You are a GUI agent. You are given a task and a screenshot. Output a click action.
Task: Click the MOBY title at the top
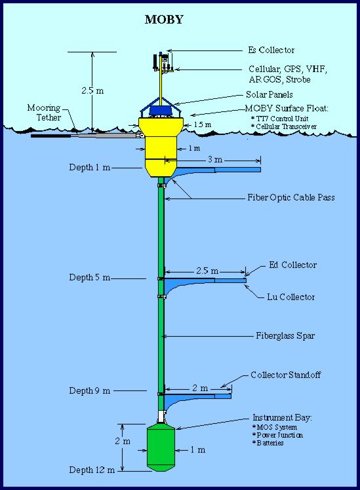click(x=164, y=20)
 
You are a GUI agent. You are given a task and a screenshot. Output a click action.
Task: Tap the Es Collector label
click(x=271, y=50)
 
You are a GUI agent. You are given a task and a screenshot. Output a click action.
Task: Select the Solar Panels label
click(x=270, y=94)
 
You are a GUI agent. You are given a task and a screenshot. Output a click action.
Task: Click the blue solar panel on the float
click(x=161, y=110)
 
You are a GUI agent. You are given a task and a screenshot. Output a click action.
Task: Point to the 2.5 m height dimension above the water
click(x=92, y=90)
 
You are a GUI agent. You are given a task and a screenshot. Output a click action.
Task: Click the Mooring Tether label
click(x=44, y=113)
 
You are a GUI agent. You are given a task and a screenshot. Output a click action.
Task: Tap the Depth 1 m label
click(x=89, y=167)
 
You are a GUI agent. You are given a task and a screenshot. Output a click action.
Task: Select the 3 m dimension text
click(x=215, y=160)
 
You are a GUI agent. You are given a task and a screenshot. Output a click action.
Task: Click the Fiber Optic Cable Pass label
click(x=291, y=197)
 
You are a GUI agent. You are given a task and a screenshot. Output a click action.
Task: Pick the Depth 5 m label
click(x=89, y=277)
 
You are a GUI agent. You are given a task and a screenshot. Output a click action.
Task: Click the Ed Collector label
click(x=292, y=265)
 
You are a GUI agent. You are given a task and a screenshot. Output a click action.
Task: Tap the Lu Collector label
click(x=290, y=297)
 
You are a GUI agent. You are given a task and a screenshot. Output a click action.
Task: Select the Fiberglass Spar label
click(x=285, y=335)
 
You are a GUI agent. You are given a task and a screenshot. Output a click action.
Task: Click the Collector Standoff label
click(x=285, y=375)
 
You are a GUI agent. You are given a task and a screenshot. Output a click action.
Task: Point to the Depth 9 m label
click(x=89, y=390)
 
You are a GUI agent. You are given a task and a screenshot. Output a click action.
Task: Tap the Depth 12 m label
click(x=92, y=470)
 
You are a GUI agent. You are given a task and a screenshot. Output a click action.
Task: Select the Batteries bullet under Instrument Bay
click(x=268, y=443)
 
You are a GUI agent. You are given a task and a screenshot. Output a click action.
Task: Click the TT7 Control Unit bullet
click(x=279, y=119)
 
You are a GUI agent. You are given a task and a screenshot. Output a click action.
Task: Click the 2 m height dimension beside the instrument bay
click(x=122, y=442)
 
